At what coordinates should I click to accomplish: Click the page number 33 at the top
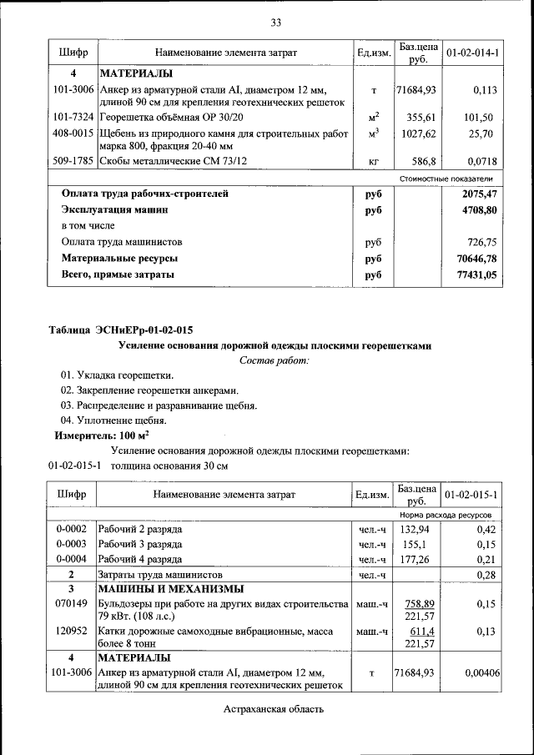click(275, 21)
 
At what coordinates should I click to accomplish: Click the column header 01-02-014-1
click(472, 53)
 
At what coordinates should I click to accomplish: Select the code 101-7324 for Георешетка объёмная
click(73, 118)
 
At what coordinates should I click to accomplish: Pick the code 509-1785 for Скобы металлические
click(73, 160)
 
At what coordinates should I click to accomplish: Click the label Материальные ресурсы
click(119, 258)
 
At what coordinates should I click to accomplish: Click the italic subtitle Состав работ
click(274, 360)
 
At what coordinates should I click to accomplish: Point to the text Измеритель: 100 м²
click(102, 435)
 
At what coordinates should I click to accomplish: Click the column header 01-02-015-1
click(472, 495)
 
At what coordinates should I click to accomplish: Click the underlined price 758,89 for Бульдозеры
click(420, 603)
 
